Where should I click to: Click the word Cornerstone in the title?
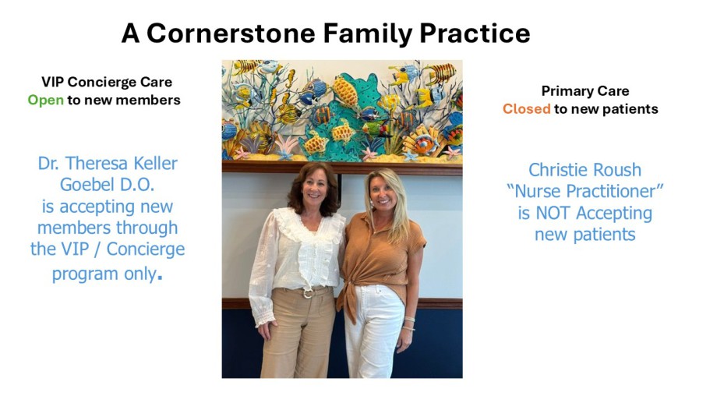point(231,34)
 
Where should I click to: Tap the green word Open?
point(46,101)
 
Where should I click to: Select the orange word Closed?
point(526,109)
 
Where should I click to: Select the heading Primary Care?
point(585,91)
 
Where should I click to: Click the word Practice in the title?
point(475,34)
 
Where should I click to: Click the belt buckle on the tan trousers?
point(308,293)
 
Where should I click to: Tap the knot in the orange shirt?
point(349,288)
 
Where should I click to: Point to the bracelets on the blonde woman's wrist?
point(409,323)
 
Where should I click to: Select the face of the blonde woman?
point(383,191)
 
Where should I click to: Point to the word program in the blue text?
point(79,274)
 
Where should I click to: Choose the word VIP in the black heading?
point(52,83)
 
